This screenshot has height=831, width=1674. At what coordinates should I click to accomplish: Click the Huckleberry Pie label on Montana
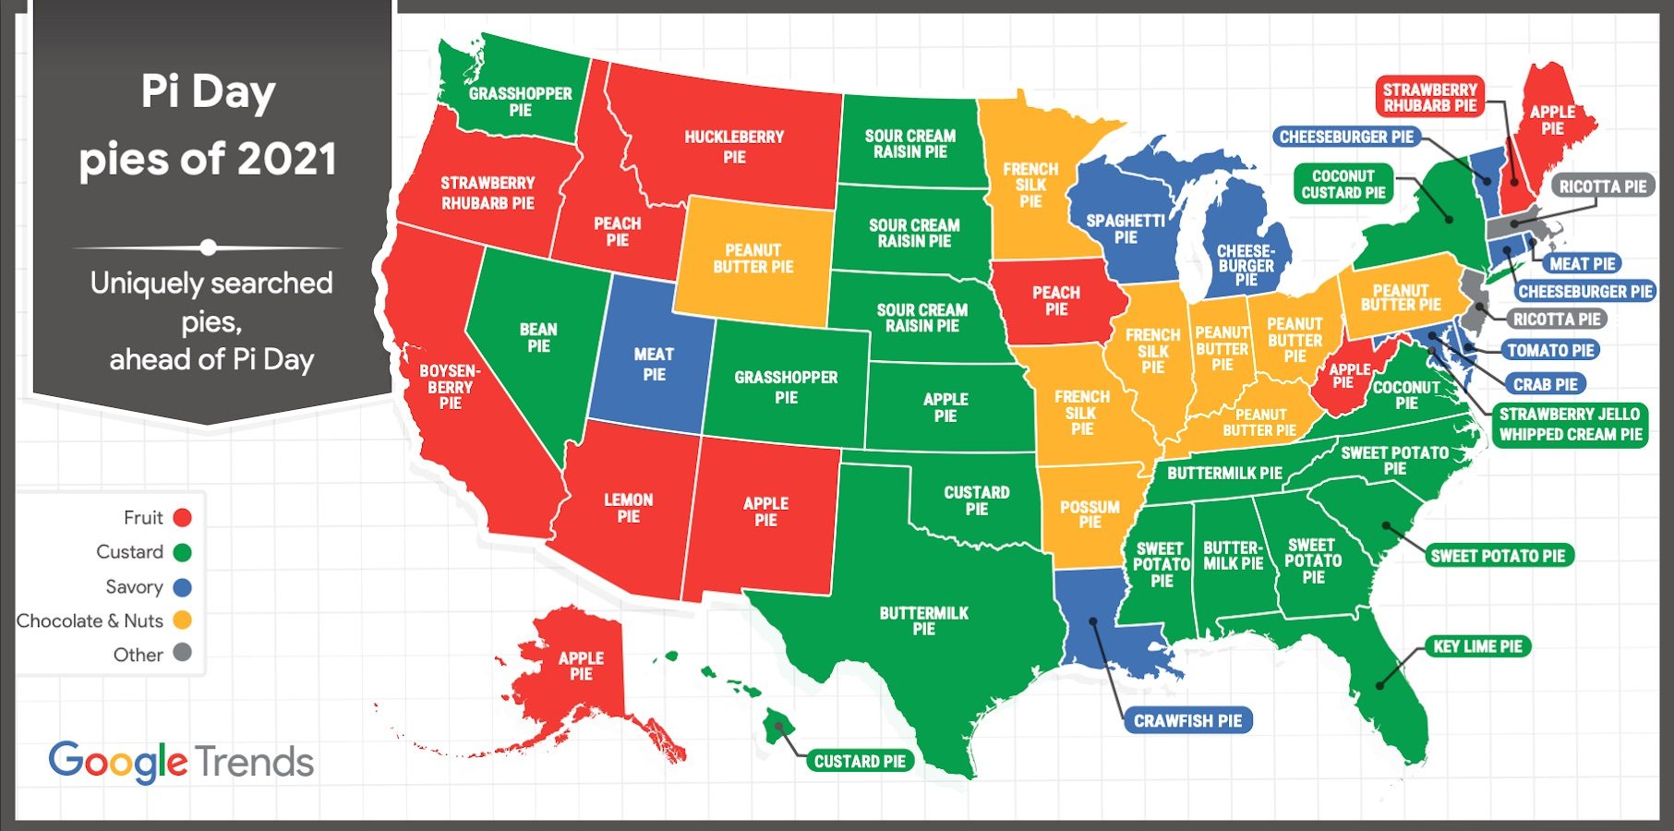coord(734,147)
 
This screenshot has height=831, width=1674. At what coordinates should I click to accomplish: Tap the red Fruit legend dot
coord(183,518)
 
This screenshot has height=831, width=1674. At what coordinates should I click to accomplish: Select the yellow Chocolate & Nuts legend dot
coord(183,620)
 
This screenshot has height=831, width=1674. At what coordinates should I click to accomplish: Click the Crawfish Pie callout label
coord(1187,721)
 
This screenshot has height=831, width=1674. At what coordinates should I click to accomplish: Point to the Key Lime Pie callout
coord(1477,646)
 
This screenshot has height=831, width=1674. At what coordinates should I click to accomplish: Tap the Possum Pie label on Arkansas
coord(1090,514)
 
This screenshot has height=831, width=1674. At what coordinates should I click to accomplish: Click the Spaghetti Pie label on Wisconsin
coord(1126,229)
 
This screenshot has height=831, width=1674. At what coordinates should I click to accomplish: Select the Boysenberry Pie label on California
coord(450,387)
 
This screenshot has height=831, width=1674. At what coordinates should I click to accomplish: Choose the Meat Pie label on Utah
coord(654,364)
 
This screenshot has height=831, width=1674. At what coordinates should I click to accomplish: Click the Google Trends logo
coord(181,763)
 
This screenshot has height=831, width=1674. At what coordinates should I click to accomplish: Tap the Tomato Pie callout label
coord(1550,351)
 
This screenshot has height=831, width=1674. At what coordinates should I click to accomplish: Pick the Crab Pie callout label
coord(1545,384)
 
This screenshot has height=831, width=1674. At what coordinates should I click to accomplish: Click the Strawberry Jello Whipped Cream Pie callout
coord(1570,425)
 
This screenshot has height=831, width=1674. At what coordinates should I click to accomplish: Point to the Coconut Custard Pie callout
coord(1343,184)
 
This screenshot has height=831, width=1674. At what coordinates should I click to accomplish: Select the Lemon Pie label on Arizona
coord(628,508)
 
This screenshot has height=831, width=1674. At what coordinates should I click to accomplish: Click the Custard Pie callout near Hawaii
coord(860,762)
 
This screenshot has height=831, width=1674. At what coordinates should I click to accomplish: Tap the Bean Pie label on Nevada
coord(538,338)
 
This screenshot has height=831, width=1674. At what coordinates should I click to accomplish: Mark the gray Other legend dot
coord(183,653)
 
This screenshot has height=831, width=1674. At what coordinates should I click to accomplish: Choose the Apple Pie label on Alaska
coord(581,666)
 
